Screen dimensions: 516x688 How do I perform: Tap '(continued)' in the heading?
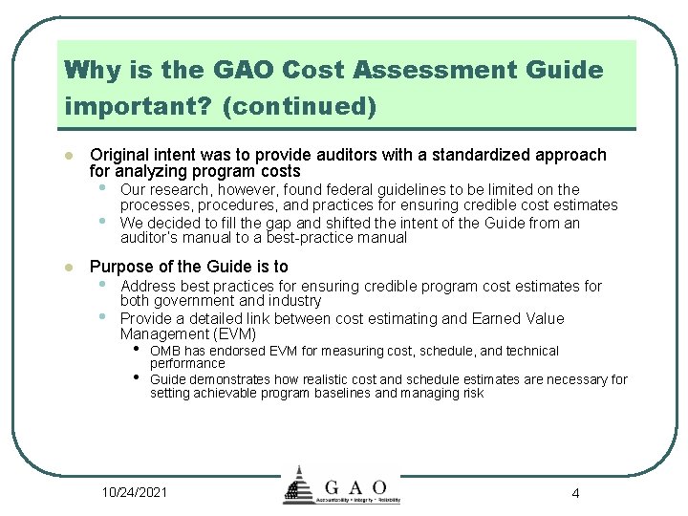click(x=299, y=107)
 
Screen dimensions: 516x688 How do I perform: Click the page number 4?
click(x=575, y=493)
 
